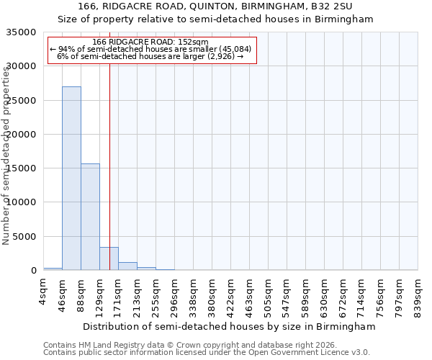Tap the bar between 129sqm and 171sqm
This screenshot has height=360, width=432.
click(109, 258)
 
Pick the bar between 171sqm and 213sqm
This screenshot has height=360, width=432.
click(127, 266)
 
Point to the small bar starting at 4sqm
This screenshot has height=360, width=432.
click(53, 269)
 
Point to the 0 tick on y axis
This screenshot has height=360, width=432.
click(34, 271)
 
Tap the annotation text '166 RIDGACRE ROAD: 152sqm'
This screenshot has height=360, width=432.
click(150, 42)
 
